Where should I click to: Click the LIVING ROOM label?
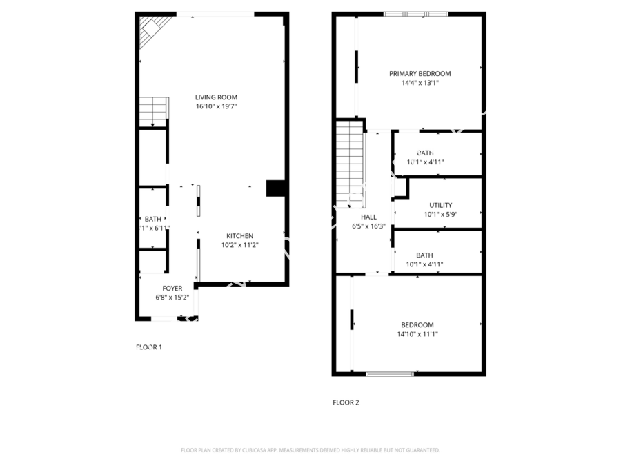tap(216, 97)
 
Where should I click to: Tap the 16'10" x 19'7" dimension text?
tap(216, 106)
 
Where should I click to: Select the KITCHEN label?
tap(239, 235)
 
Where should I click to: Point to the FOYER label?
tap(172, 288)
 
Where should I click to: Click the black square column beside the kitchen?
tap(275, 188)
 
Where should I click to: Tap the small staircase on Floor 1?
tap(153, 110)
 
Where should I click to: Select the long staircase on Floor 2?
tap(350, 163)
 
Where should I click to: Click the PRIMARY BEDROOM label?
tap(420, 74)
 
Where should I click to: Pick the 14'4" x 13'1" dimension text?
tap(420, 83)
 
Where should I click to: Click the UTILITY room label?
tap(440, 205)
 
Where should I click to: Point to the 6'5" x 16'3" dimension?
tap(368, 226)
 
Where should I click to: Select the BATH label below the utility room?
tap(424, 255)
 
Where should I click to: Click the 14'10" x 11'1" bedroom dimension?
tap(417, 334)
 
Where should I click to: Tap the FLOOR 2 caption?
tap(346, 402)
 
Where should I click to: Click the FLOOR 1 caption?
tap(148, 347)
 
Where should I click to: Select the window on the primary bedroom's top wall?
tap(415, 13)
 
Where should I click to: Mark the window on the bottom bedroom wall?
tap(390, 374)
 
